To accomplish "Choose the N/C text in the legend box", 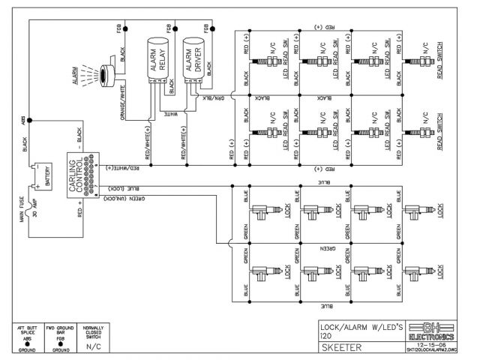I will (x=94, y=348).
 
